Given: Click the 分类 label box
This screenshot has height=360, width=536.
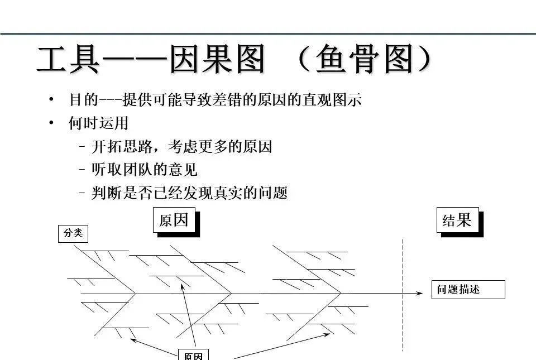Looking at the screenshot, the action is pos(73,233).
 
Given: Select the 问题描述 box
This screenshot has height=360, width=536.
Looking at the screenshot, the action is pos(468,290).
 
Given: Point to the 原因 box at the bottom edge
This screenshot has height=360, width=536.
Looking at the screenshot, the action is pos(193,355).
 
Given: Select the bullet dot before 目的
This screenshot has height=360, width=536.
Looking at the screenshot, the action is pos(51,100).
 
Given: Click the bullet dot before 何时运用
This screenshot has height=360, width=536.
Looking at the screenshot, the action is pos(51,123).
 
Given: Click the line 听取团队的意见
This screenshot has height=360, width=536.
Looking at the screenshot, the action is pos(144,170).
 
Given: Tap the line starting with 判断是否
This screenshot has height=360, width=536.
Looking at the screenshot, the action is pos(189,193).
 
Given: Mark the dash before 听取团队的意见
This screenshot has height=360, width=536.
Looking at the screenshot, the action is pos(82,170).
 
